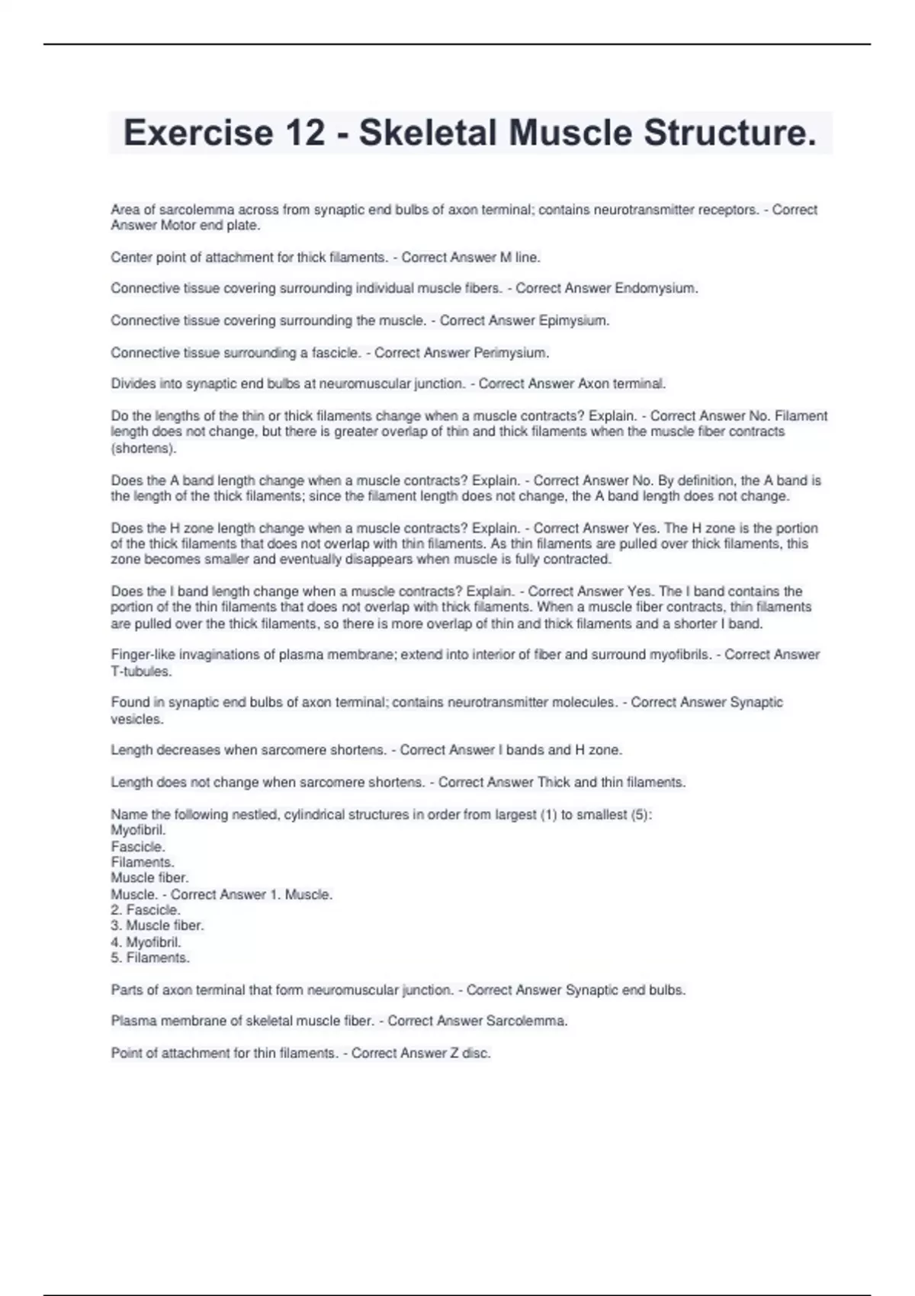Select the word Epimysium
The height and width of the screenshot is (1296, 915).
(x=574, y=320)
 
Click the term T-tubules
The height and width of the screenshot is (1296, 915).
(x=141, y=672)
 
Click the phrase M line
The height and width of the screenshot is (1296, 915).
(x=520, y=257)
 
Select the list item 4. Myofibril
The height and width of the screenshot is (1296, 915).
(x=146, y=942)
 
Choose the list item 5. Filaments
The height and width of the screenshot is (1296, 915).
(x=150, y=958)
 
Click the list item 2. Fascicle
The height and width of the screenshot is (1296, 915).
(x=146, y=909)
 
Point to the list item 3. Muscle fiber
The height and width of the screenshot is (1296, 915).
(x=157, y=925)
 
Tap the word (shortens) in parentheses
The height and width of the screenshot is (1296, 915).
(x=143, y=448)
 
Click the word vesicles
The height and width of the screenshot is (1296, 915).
(x=137, y=719)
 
